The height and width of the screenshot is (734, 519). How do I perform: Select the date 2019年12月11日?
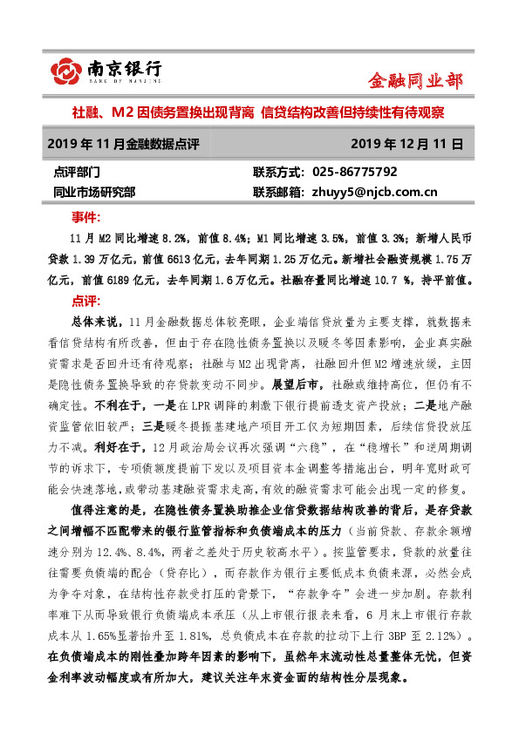(407, 142)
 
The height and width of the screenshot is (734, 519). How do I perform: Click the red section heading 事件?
(85, 216)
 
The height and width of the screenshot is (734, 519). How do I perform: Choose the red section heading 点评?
(85, 301)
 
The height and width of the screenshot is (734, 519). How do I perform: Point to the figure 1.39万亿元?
(113, 259)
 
